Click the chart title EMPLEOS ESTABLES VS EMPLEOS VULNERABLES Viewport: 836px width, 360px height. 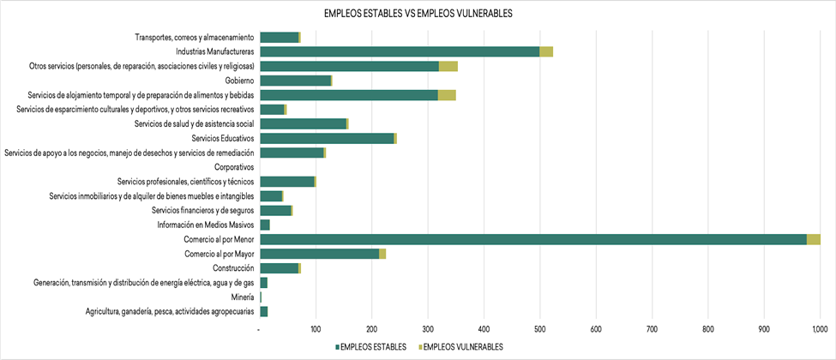(418, 14)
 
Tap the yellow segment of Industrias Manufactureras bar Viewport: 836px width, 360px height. (546, 51)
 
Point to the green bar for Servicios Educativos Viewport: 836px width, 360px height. (327, 138)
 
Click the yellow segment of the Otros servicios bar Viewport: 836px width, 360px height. (448, 66)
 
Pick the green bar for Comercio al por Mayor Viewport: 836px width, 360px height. (319, 254)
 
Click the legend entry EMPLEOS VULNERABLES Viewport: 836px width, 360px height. (459, 347)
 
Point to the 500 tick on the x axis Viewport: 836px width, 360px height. (539, 328)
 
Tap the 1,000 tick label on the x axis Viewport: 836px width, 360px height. (818, 328)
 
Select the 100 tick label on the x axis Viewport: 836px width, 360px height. (316, 328)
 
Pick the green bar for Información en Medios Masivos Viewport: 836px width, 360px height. (265, 225)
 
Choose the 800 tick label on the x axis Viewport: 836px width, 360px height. (707, 328)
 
